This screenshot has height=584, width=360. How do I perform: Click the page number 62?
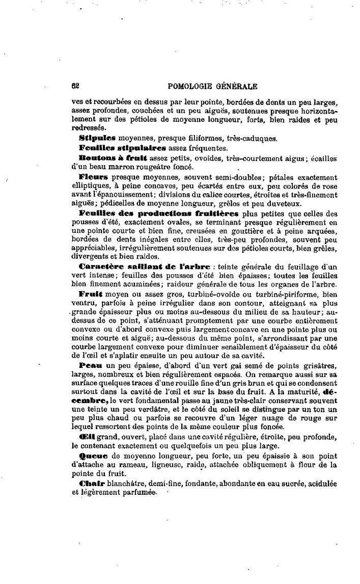(75, 86)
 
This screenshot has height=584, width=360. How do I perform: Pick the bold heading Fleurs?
(92, 177)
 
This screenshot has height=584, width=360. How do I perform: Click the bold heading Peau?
(90, 367)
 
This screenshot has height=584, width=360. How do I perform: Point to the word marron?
(124, 167)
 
